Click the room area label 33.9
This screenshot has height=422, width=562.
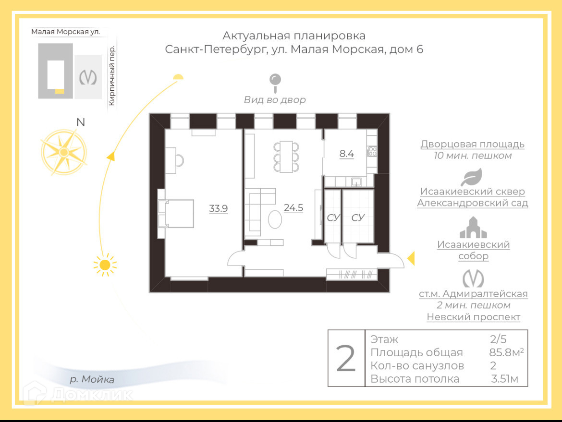[218, 208]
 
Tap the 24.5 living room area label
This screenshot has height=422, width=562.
[293, 208]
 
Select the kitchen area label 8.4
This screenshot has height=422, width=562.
[346, 154]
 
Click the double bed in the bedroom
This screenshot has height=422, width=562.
[177, 213]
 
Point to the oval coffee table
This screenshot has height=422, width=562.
[275, 220]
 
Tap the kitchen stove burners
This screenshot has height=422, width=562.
[372, 152]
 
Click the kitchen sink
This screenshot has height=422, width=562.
[356, 181]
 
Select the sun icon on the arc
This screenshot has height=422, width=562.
[105, 265]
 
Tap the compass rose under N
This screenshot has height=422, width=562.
[64, 152]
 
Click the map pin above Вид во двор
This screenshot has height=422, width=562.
[275, 82]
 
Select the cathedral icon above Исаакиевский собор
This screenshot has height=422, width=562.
[473, 228]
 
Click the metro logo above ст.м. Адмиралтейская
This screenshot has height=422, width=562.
[473, 278]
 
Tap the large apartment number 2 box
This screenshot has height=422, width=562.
[346, 358]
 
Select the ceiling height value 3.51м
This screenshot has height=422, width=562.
[504, 379]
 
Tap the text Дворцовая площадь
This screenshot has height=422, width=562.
[472, 144]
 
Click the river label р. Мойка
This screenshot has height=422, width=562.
[92, 380]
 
